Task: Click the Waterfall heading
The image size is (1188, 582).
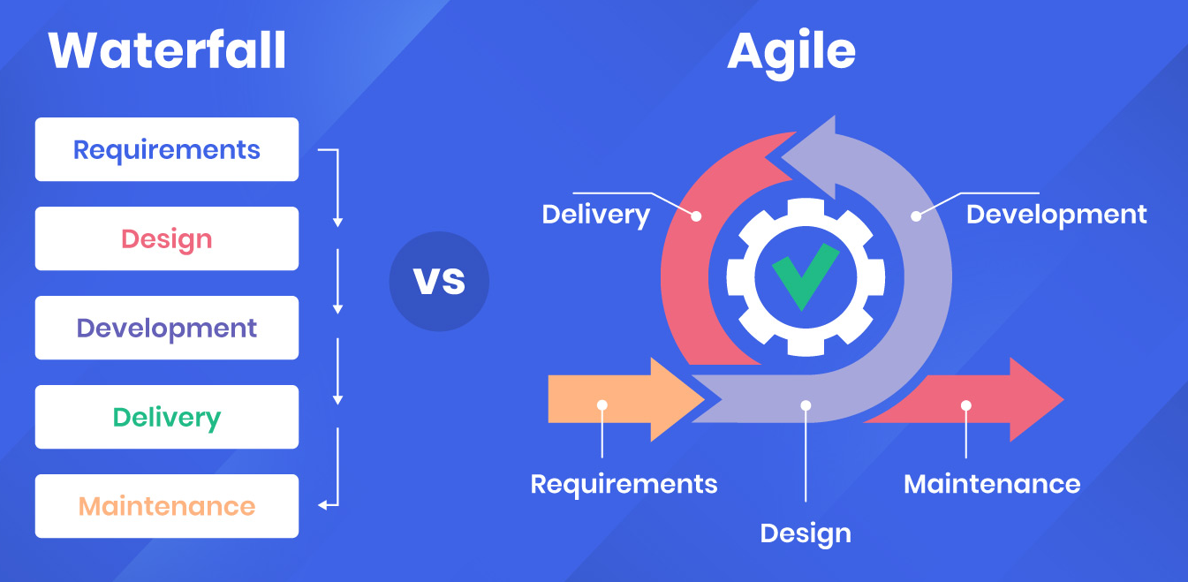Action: click(167, 50)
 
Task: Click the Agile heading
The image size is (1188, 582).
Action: click(791, 54)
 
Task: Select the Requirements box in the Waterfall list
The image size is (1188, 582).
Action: click(167, 149)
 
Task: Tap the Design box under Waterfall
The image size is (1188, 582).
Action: click(167, 238)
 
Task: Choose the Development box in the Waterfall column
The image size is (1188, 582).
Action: click(167, 328)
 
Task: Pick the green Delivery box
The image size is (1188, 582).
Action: click(167, 417)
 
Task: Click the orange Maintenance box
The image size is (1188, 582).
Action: click(167, 506)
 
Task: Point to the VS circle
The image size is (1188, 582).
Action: click(439, 282)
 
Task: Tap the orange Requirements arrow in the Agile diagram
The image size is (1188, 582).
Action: click(626, 399)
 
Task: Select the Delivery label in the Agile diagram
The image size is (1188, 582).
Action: click(595, 215)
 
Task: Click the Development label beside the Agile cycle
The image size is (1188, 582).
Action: click(1056, 215)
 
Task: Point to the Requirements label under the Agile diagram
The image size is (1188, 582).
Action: click(624, 485)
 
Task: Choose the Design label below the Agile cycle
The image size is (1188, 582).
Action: click(806, 533)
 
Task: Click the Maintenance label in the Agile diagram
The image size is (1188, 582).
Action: click(992, 484)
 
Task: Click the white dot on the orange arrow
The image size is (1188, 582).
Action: click(602, 405)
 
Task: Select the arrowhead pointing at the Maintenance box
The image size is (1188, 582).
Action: click(322, 506)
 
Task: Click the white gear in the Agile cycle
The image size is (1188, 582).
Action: click(806, 277)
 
